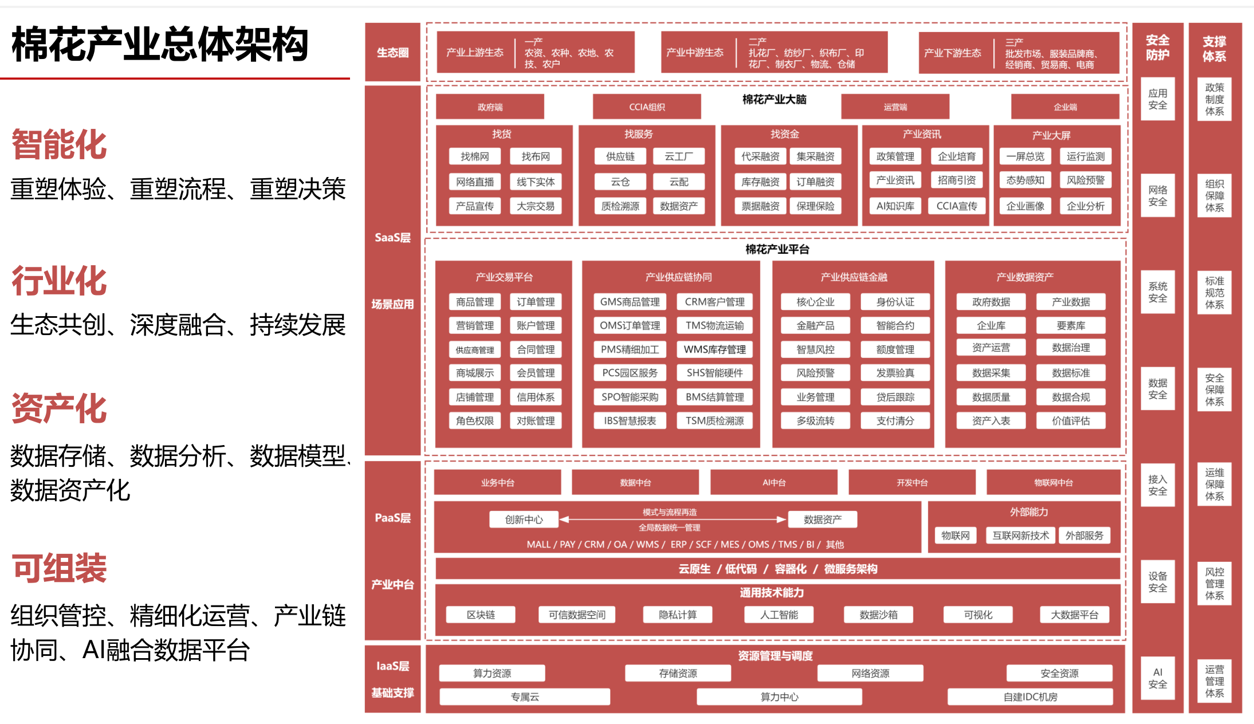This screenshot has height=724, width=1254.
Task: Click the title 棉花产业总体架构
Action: (x=160, y=45)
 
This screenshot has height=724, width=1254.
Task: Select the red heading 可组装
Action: (x=59, y=568)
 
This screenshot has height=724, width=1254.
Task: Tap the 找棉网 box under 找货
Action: (x=475, y=156)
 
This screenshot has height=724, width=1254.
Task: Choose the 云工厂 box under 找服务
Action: (x=678, y=156)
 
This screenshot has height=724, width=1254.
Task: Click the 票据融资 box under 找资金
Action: (x=760, y=206)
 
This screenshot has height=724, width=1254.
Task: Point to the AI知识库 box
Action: (x=895, y=206)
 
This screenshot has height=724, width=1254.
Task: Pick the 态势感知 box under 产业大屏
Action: (x=1025, y=180)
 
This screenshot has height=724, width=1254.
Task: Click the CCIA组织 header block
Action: (x=647, y=107)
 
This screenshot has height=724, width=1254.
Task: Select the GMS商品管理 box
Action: (x=630, y=302)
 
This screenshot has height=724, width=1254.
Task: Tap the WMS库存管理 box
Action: (x=715, y=349)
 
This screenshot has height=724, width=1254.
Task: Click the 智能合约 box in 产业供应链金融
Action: (x=895, y=325)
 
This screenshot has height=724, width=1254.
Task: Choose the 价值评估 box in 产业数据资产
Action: (x=1071, y=420)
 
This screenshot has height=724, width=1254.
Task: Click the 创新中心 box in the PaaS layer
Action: (x=524, y=520)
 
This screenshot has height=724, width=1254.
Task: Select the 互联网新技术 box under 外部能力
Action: (x=1020, y=536)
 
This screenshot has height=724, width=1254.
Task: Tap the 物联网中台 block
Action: (x=1053, y=483)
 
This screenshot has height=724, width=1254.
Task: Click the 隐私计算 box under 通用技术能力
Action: (x=678, y=615)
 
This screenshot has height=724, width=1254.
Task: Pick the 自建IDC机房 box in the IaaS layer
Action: (x=1030, y=697)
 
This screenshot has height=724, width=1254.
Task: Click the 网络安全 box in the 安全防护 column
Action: (x=1157, y=196)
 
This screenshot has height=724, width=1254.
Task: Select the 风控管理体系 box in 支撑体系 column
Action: (x=1214, y=584)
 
